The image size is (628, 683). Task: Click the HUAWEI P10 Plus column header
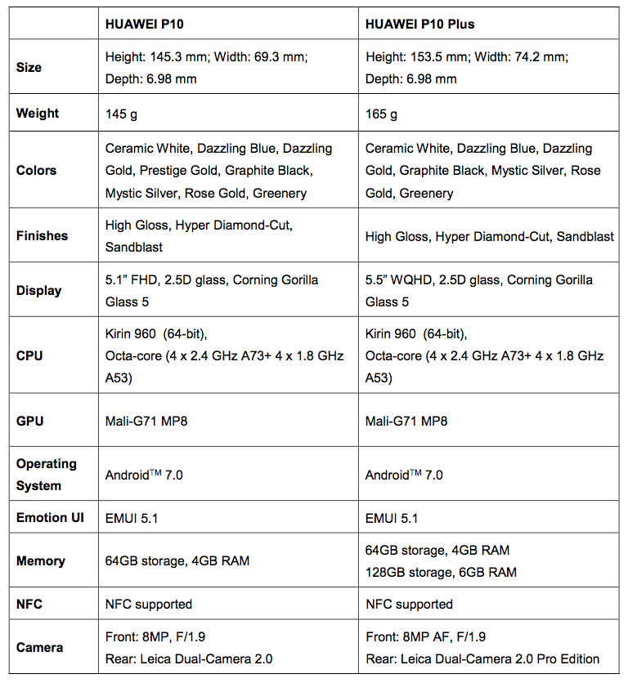pyautogui.click(x=419, y=25)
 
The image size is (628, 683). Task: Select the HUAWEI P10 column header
pyautogui.click(x=145, y=25)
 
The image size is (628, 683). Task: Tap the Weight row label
pyautogui.click(x=38, y=114)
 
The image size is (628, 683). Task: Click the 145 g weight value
pyautogui.click(x=121, y=114)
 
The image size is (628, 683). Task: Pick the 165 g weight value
pyautogui.click(x=381, y=114)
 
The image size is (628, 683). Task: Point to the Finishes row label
pyautogui.click(x=42, y=235)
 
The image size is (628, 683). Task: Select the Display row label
pyautogui.click(x=38, y=290)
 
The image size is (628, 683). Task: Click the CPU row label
pyautogui.click(x=29, y=355)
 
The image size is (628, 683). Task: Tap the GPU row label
pyautogui.click(x=29, y=421)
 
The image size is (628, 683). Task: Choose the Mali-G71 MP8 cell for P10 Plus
pyautogui.click(x=406, y=421)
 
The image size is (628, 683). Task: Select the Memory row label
pyautogui.click(x=40, y=560)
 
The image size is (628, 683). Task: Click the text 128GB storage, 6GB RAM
pyautogui.click(x=441, y=572)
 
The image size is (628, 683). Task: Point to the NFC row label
pyautogui.click(x=29, y=605)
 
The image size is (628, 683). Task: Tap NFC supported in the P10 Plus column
pyautogui.click(x=409, y=605)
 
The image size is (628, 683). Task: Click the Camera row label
pyautogui.click(x=39, y=647)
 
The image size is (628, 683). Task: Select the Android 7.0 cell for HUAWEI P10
pyautogui.click(x=144, y=475)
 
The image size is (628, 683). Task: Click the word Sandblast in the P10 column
pyautogui.click(x=134, y=247)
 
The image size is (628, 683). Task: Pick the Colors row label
pyautogui.click(x=36, y=170)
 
